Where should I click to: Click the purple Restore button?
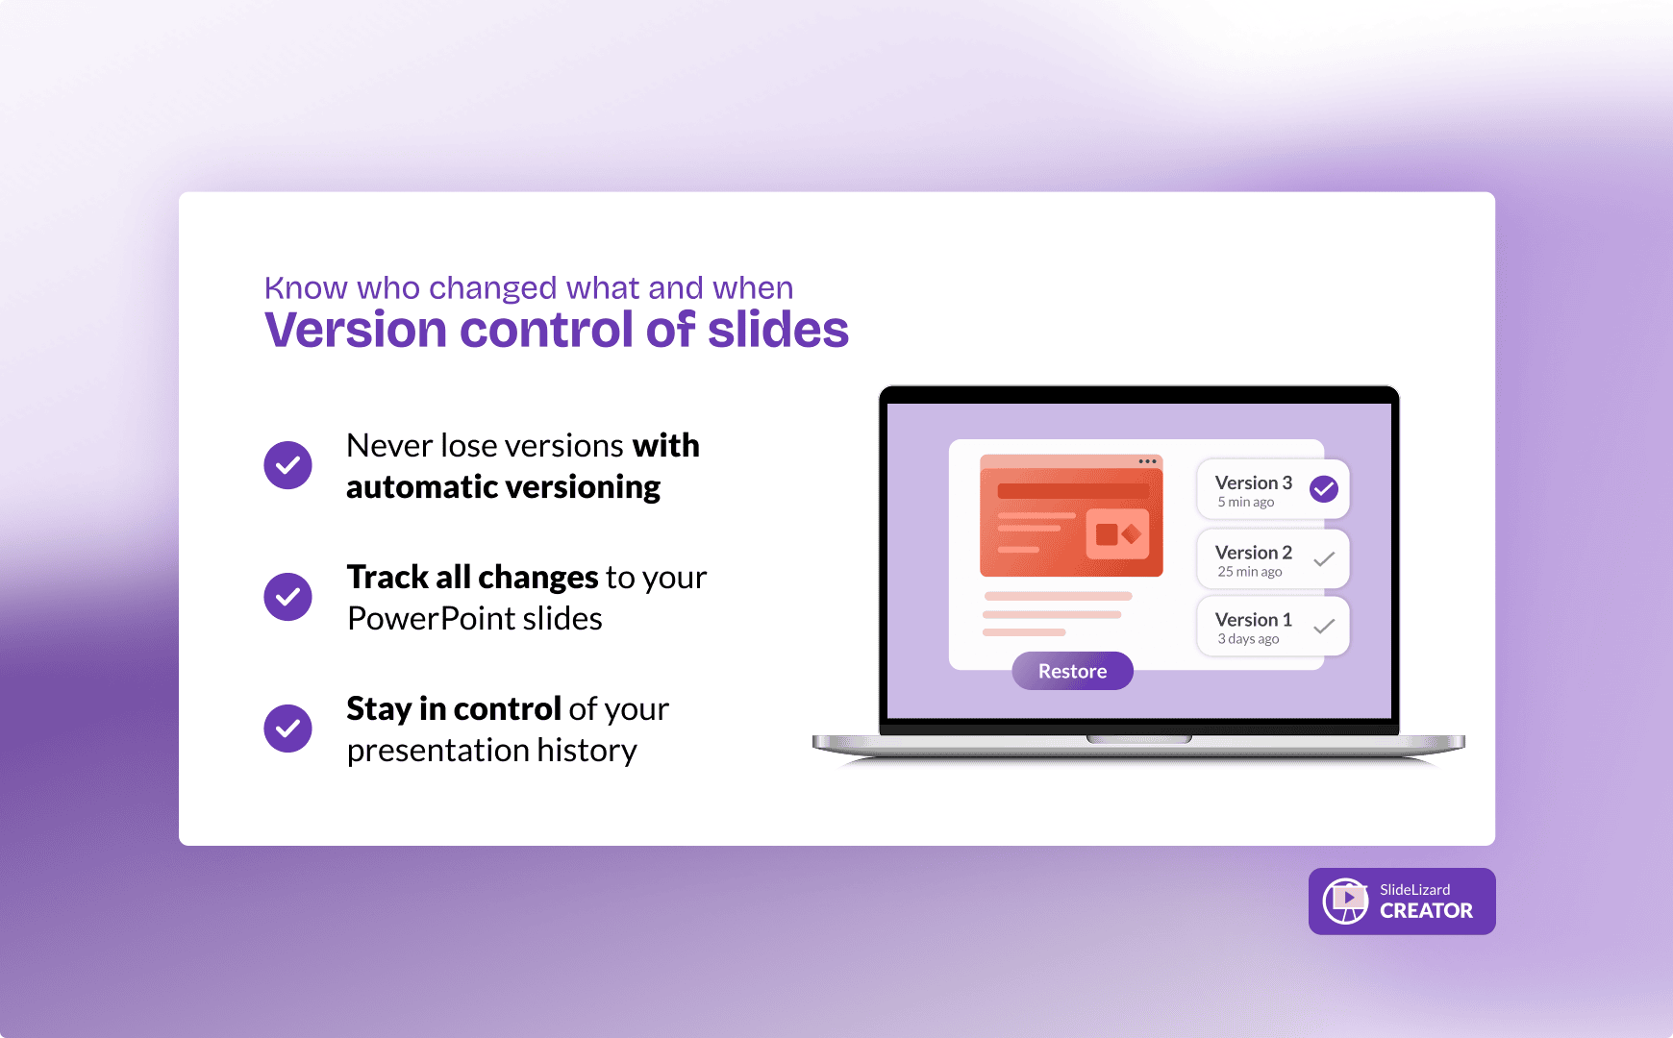point(1072,671)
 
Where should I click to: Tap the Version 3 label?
point(1253,482)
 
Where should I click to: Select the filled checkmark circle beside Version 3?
point(1324,489)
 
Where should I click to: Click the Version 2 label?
point(1253,553)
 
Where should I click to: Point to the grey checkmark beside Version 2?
point(1324,558)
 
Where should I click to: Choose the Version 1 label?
point(1253,620)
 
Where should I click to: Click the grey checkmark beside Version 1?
point(1324,626)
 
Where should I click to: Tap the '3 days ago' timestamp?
point(1248,639)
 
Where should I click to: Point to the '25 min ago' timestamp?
point(1250,572)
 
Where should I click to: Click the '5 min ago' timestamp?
point(1246,502)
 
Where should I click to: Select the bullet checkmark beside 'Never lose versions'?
point(288,465)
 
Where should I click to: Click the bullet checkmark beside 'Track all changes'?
point(288,597)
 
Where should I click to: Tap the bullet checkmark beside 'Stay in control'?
point(288,729)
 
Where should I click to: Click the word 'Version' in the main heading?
point(356,330)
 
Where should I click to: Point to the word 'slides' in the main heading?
point(778,330)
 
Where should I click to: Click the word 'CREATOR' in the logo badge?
point(1426,911)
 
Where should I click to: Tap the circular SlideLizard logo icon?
point(1345,901)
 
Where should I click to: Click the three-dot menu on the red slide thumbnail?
point(1148,461)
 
